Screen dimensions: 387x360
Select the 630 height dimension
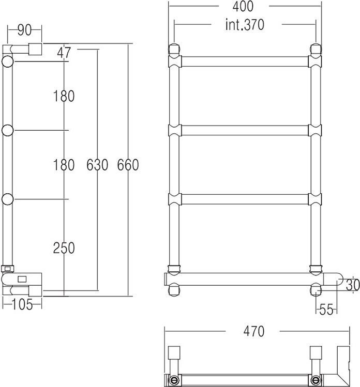97,165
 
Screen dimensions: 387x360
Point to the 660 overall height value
128,165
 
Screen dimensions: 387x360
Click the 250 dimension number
64,248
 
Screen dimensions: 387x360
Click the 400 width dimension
243,7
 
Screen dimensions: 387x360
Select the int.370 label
245,25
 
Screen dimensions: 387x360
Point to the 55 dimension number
325,309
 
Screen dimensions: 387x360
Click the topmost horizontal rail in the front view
244,61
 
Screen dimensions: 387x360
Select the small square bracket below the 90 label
36,50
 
